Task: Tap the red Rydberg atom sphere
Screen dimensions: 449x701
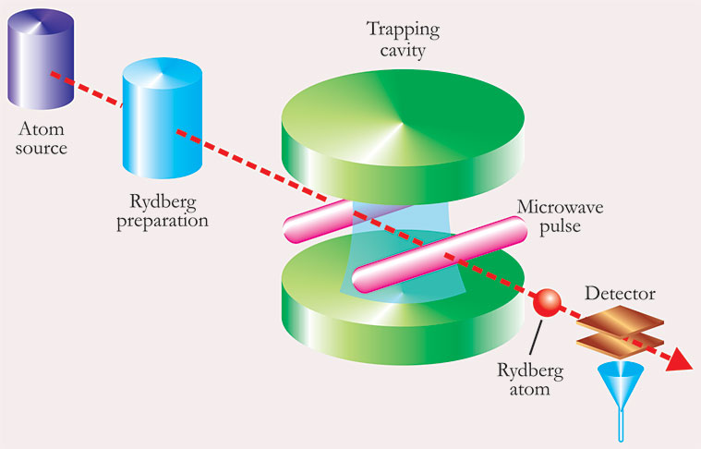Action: pyautogui.click(x=547, y=302)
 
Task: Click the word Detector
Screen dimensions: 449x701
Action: pyautogui.click(x=621, y=295)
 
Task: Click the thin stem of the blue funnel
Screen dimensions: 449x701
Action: pyautogui.click(x=621, y=420)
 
